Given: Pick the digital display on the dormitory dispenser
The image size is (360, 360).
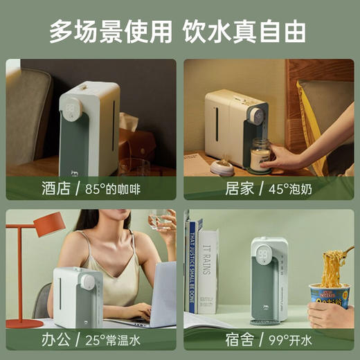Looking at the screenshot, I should pos(264,253).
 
